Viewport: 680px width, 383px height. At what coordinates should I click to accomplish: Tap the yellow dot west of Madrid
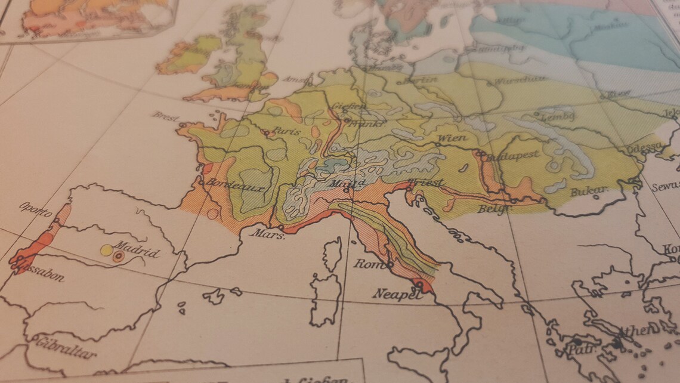click(107, 251)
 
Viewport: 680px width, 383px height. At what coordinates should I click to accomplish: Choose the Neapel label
click(393, 293)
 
